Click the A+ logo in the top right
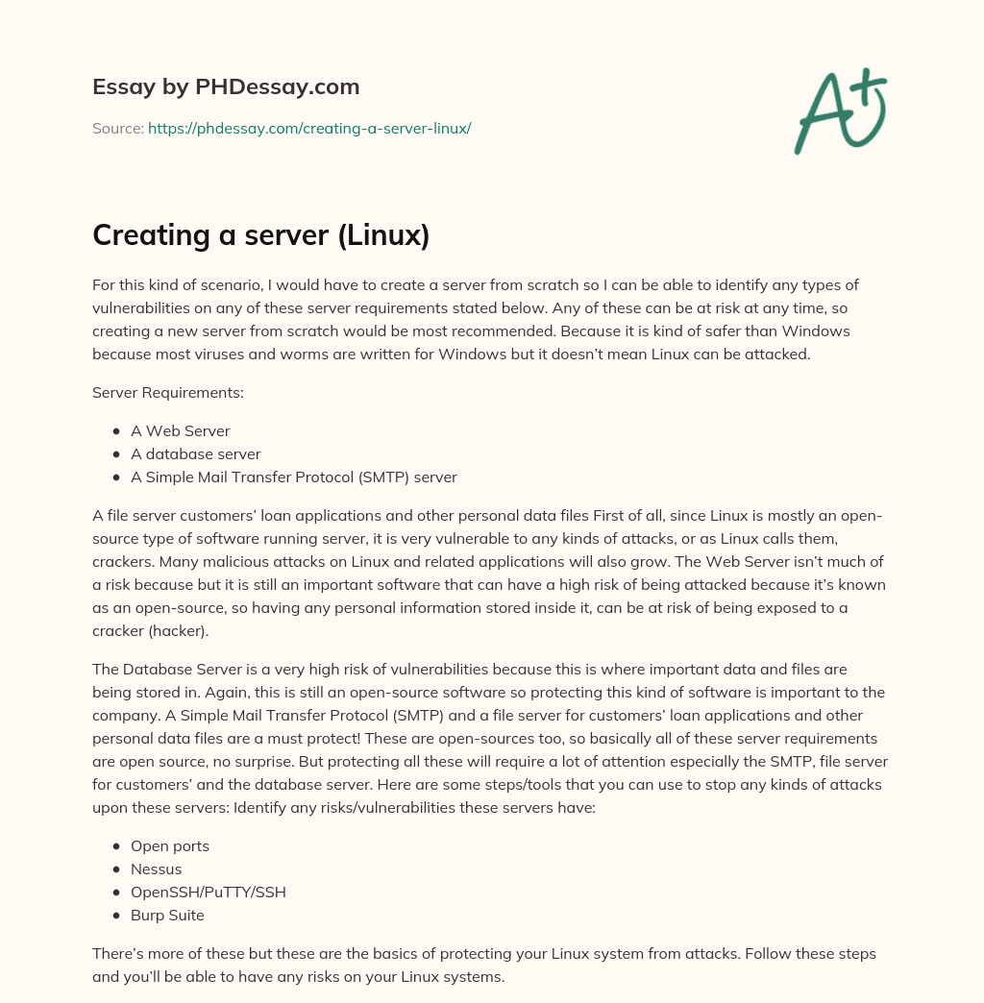841,110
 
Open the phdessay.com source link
308,128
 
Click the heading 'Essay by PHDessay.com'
226,87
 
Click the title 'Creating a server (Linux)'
260,234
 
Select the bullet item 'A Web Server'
180,431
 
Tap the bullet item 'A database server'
195,453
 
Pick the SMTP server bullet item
293,477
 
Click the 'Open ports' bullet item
169,846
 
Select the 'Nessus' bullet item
156,869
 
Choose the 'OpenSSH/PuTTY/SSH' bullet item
208,893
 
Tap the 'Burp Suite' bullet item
167,916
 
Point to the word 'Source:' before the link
117,128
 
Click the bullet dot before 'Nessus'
116,869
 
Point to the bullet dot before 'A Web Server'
116,431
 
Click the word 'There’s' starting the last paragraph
119,955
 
